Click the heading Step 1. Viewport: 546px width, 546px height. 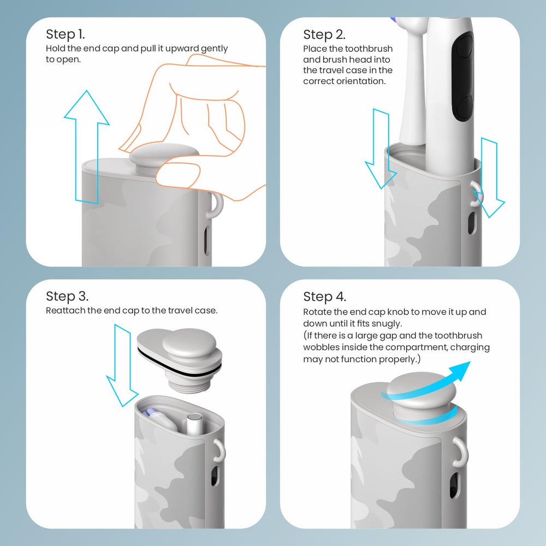(65, 34)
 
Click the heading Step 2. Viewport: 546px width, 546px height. (324, 35)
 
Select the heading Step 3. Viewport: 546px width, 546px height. (67, 296)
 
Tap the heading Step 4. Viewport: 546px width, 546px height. (324, 297)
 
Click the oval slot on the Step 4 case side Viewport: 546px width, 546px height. (454, 486)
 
